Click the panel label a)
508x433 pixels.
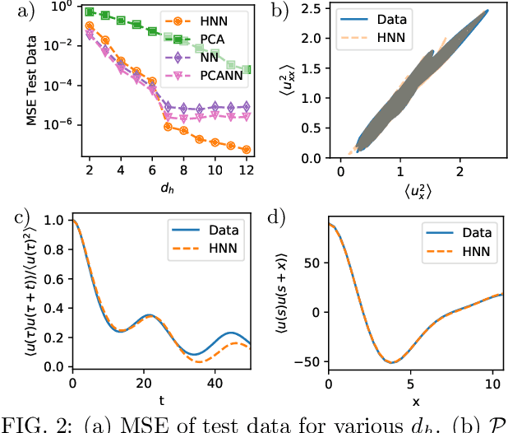click(x=12, y=10)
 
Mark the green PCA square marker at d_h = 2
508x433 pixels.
click(x=90, y=13)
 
